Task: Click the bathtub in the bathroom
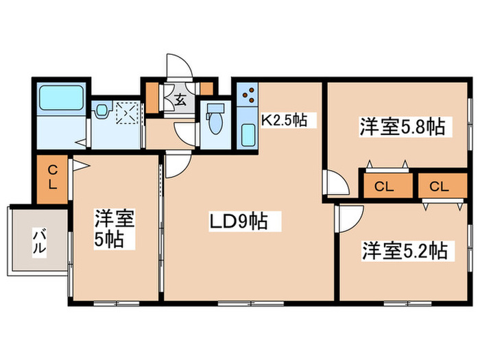[x=60, y=98]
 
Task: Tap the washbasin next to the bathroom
[x=101, y=110]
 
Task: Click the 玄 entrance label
[x=180, y=99]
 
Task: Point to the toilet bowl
[x=215, y=121]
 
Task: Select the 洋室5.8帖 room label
[x=401, y=126]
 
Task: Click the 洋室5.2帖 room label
[x=404, y=251]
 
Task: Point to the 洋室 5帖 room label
[x=115, y=229]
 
